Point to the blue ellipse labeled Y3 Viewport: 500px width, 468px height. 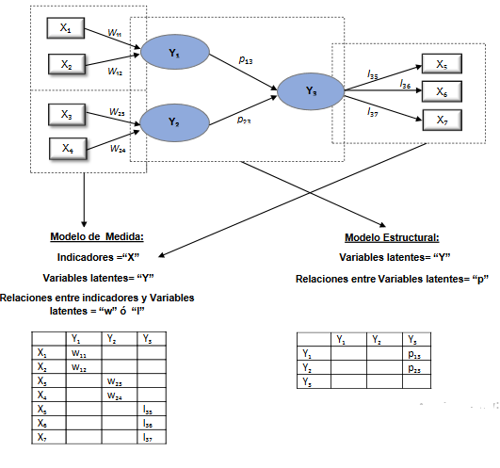point(311,91)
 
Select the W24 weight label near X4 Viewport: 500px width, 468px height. point(118,149)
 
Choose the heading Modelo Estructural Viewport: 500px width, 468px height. point(392,237)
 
